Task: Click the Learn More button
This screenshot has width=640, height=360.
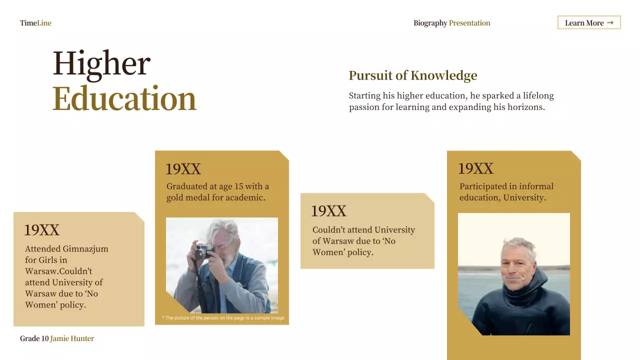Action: [588, 22]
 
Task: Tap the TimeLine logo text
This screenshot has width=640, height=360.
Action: [35, 23]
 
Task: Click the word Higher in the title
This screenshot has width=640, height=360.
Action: [101, 64]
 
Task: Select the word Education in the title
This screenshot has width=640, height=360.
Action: [124, 98]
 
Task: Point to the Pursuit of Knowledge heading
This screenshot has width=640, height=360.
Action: [412, 75]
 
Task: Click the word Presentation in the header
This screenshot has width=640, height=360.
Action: [469, 23]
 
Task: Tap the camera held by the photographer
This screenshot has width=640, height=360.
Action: [202, 248]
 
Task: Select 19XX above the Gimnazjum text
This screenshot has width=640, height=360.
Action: [41, 230]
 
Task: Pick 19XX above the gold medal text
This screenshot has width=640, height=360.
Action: [183, 169]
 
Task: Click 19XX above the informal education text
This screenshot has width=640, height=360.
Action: [475, 168]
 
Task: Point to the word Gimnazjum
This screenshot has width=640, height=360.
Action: [85, 249]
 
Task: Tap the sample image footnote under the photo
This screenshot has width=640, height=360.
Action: [223, 318]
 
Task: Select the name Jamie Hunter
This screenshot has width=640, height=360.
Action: [72, 338]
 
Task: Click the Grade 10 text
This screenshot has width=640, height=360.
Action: [34, 338]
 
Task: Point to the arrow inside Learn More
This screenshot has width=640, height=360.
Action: [610, 22]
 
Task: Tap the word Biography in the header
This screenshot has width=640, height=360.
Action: [430, 23]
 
